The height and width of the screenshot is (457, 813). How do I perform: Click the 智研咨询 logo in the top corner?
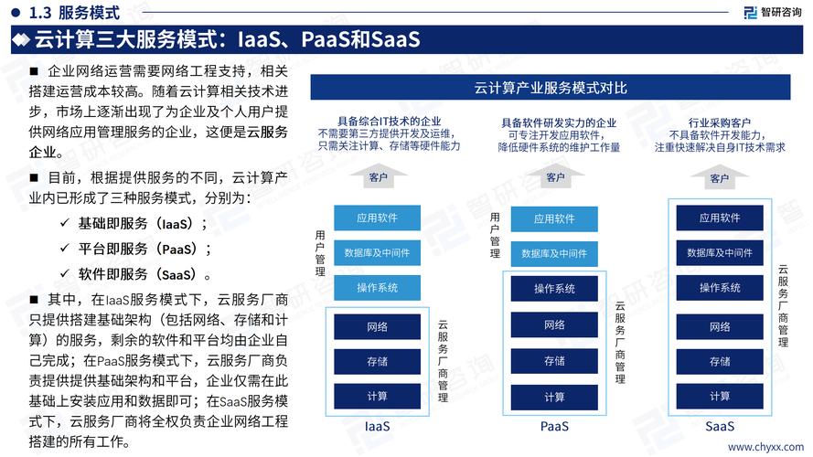click(x=772, y=13)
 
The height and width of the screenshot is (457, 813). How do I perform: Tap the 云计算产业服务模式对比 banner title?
click(x=551, y=88)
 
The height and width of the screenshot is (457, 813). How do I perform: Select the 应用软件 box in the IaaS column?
click(x=377, y=218)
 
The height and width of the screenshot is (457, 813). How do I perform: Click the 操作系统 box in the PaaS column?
click(x=554, y=289)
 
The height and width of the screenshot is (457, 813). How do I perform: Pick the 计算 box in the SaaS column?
click(x=720, y=397)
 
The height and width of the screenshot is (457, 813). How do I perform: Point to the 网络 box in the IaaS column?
click(x=377, y=327)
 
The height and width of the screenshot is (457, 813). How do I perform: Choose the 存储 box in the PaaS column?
click(x=554, y=361)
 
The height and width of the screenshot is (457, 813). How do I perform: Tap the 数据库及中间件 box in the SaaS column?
click(x=720, y=253)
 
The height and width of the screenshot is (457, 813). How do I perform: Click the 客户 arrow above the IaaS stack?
click(x=378, y=176)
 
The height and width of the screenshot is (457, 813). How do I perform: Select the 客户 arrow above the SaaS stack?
click(x=719, y=177)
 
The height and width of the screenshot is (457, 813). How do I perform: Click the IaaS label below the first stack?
click(x=377, y=427)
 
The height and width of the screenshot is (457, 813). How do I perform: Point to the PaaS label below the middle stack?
click(x=554, y=427)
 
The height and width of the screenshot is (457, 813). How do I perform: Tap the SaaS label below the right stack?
click(x=720, y=427)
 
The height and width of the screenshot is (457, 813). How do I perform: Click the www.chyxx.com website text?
click(x=765, y=447)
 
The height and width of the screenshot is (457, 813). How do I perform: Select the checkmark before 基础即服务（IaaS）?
click(x=65, y=223)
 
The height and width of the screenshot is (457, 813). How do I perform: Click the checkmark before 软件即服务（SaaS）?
click(x=65, y=273)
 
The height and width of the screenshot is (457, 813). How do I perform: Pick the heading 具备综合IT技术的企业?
click(x=389, y=122)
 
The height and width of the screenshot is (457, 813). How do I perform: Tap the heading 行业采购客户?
click(x=719, y=122)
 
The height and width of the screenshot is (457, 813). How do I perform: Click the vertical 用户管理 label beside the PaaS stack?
click(x=495, y=235)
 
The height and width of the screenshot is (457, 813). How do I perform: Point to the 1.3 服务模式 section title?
click(x=74, y=13)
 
